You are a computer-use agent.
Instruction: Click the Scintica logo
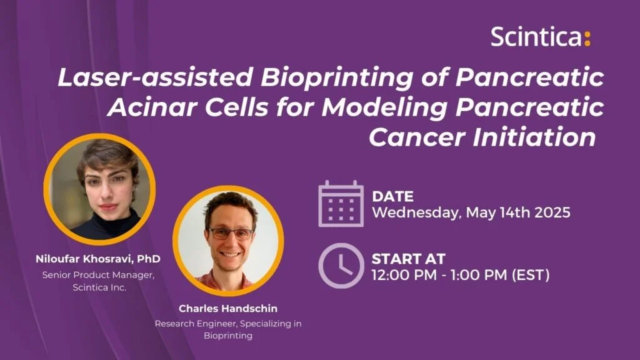pyautogui.click(x=541, y=36)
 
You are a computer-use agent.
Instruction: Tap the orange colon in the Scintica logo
pyautogui.click(x=587, y=38)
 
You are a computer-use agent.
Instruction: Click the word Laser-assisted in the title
pyautogui.click(x=156, y=77)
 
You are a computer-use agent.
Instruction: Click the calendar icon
pyautogui.click(x=341, y=204)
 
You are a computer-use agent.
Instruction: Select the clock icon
pyautogui.click(x=341, y=266)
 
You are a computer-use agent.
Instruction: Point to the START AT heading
pyautogui.click(x=408, y=259)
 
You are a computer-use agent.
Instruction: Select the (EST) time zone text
pyautogui.click(x=531, y=275)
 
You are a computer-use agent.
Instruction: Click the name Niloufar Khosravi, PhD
pyautogui.click(x=98, y=259)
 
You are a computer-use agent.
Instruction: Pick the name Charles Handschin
pyautogui.click(x=228, y=309)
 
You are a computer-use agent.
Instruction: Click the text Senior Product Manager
pyautogui.click(x=98, y=275)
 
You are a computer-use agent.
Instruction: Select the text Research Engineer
pyautogui.click(x=196, y=324)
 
